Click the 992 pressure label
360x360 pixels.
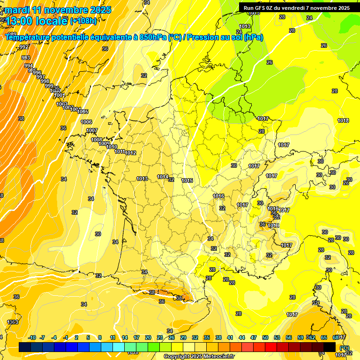pyautogui.click(x=24, y=47)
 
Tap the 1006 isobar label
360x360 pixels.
pyautogui.click(x=86, y=122)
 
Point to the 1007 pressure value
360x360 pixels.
pyautogui.click(x=92, y=131)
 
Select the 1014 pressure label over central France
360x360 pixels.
pyautogui.click(x=163, y=177)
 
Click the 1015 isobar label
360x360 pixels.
pyautogui.click(x=187, y=180)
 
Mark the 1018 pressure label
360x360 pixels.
pyautogui.click(x=343, y=120)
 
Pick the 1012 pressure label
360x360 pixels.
pyautogui.click(x=130, y=153)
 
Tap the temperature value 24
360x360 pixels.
pyautogui.click(x=309, y=18)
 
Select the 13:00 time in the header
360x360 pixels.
pyautogui.click(x=19, y=21)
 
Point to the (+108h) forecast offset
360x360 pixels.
pyautogui.click(x=83, y=21)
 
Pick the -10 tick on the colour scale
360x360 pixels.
pyautogui.click(x=32, y=337)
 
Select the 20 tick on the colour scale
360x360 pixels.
pyautogui.click(x=148, y=337)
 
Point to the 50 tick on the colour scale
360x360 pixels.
pyautogui.click(x=265, y=337)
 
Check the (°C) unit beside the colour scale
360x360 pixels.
pyautogui.click(x=344, y=348)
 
